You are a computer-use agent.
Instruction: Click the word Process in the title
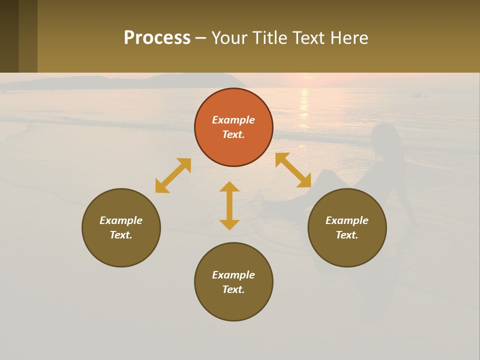click(x=157, y=37)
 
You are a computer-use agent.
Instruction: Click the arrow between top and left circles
click(x=173, y=175)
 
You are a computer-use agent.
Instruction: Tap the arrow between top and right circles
click(x=293, y=170)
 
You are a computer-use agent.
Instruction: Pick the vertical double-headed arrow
click(x=229, y=205)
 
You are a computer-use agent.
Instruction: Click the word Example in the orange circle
click(x=233, y=120)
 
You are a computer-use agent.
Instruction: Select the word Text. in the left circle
click(x=121, y=235)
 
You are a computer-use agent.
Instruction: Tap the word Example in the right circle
click(x=347, y=220)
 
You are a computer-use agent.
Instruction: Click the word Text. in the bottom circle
click(x=233, y=289)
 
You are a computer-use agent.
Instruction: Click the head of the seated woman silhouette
click(x=384, y=135)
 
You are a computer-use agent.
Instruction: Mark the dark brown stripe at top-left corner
click(x=9, y=36)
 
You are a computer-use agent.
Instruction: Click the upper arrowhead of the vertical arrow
click(x=229, y=186)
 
